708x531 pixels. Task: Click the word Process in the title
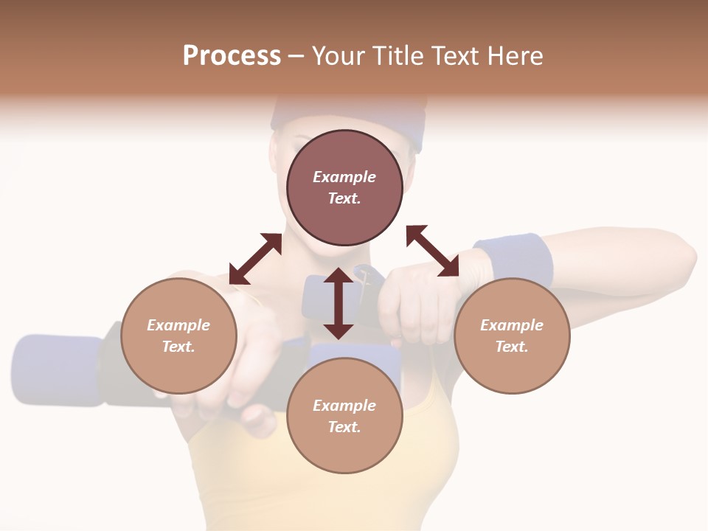coord(232,56)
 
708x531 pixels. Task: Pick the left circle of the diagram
coord(178,336)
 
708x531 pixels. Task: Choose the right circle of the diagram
coord(512,336)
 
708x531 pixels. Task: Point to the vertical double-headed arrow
coord(339,303)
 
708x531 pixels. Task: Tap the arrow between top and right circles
coord(432,251)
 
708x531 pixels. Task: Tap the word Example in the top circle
coord(344,177)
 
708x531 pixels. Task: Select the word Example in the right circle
coord(512,325)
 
